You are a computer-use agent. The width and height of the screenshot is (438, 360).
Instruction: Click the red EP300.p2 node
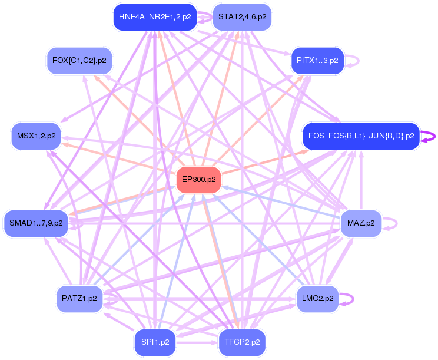[198, 179]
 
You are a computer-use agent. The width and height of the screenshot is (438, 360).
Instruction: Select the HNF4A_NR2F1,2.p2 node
[154, 17]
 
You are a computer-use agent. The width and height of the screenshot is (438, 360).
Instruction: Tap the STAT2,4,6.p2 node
[241, 17]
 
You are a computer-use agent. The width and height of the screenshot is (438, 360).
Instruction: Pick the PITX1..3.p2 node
[317, 60]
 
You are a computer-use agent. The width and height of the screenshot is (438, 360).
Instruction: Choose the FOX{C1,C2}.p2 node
[79, 60]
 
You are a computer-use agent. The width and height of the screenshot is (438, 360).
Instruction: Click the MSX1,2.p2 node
[36, 136]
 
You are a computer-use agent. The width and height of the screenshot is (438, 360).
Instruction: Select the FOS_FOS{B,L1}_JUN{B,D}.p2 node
[361, 136]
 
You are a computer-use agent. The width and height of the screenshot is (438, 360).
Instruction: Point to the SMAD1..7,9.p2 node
[36, 223]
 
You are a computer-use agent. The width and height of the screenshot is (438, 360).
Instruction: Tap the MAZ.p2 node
[361, 223]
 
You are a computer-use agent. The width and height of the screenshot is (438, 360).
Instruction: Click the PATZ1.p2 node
[79, 298]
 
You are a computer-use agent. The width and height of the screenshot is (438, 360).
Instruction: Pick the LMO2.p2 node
[317, 298]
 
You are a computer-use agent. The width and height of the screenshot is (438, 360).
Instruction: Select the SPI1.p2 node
[155, 341]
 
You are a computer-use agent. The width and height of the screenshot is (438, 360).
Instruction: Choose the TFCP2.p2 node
[241, 341]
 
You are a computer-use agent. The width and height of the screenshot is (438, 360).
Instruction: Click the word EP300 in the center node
[193, 179]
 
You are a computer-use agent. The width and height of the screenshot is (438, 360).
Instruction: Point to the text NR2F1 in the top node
[161, 17]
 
